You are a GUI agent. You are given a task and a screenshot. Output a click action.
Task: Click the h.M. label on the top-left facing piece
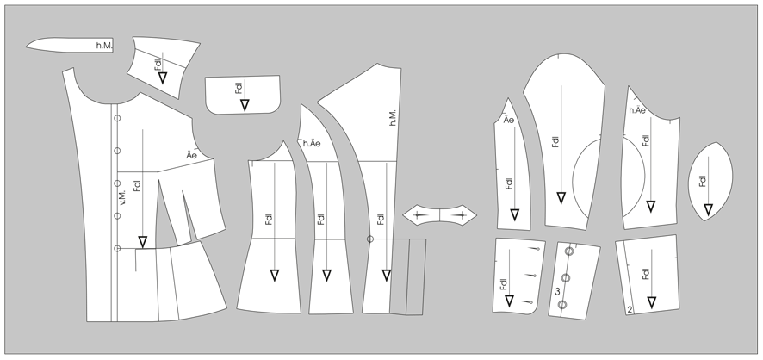(x=104, y=46)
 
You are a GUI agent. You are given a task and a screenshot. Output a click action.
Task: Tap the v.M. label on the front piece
(x=122, y=196)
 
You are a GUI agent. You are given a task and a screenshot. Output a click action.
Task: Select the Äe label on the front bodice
(x=192, y=156)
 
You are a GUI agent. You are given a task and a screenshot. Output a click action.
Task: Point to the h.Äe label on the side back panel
(x=312, y=144)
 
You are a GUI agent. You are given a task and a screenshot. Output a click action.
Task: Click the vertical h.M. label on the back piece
(x=394, y=118)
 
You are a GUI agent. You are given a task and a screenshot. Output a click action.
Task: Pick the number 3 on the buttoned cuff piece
(x=558, y=291)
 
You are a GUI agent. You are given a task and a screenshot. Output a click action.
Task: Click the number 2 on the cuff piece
(x=630, y=309)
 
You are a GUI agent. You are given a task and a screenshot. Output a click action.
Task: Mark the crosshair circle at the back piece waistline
(x=369, y=239)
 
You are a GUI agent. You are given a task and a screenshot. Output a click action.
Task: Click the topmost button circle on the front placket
(x=117, y=118)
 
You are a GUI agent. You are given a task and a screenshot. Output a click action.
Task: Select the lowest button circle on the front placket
(x=117, y=249)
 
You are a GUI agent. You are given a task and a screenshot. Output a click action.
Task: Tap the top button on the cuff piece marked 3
(x=569, y=251)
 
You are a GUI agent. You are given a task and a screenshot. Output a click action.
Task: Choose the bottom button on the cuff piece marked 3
(x=562, y=305)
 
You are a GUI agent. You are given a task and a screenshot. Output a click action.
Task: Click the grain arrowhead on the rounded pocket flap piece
(x=245, y=104)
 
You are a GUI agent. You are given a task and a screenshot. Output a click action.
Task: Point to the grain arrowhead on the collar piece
(x=163, y=78)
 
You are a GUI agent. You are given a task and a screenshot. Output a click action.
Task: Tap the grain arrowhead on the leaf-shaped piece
(x=709, y=209)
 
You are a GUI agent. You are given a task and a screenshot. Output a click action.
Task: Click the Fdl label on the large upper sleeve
(x=555, y=141)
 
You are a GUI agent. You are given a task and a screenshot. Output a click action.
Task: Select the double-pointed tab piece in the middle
(x=440, y=215)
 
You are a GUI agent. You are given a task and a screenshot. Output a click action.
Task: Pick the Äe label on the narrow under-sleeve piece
(x=508, y=120)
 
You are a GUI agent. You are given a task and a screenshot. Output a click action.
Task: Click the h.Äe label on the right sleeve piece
(x=637, y=110)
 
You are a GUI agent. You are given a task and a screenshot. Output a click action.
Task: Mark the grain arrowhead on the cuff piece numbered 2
(x=652, y=302)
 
